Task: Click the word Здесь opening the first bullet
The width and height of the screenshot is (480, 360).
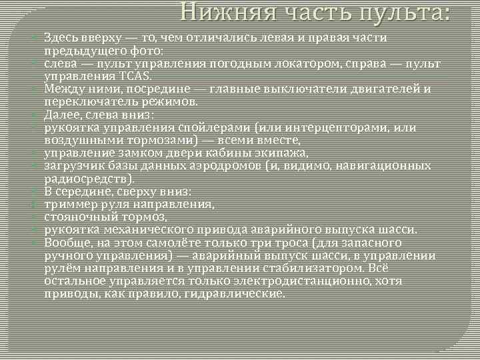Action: pyautogui.click(x=61, y=39)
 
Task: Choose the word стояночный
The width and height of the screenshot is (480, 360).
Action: pyautogui.click(x=77, y=217)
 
